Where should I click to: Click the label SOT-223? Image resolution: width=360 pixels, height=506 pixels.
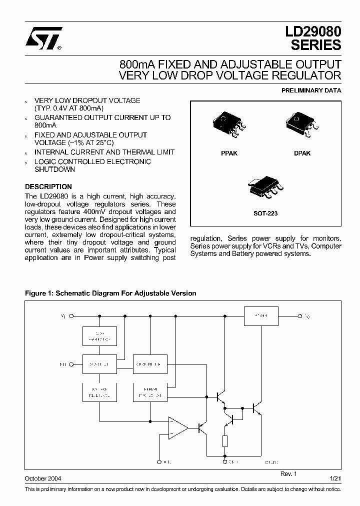pos(265,213)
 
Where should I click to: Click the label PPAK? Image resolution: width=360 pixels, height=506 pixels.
pos(229,153)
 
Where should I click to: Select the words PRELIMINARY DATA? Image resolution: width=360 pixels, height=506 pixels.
pos(311,90)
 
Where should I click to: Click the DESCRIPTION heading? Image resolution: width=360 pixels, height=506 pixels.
pos(48,186)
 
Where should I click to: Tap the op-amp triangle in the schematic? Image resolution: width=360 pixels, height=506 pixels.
pos(177,428)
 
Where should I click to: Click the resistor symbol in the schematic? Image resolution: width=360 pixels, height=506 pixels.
pos(225,441)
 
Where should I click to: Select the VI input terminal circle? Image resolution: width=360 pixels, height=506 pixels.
pos(71,316)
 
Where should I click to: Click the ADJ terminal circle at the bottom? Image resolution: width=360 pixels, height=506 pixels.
pos(159,462)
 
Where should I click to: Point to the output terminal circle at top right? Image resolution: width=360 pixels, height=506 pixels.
pos(300,316)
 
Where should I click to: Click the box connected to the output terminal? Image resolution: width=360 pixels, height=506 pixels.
pos(261,316)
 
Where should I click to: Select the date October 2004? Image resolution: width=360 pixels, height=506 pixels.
pos(43,478)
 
